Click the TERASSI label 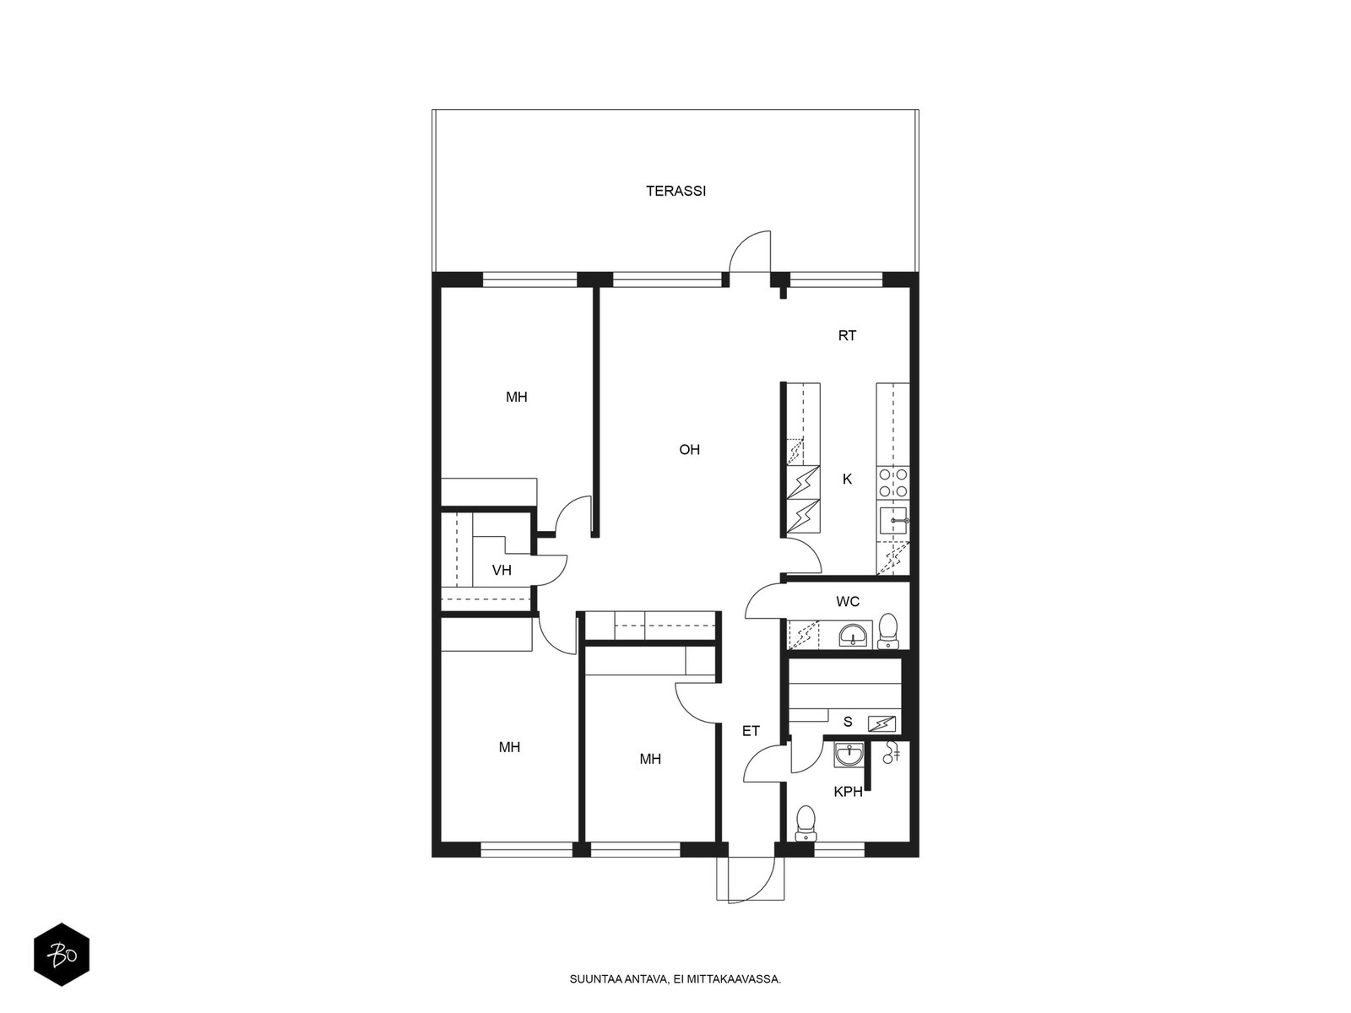point(675,192)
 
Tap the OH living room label point(689,450)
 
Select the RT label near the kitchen point(847,336)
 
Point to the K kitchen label point(847,479)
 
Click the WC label point(848,602)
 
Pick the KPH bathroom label point(848,792)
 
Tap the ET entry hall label point(751,731)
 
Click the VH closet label point(502,570)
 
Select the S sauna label point(848,722)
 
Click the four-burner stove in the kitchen point(893,483)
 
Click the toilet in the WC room point(887,631)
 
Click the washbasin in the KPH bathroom point(849,754)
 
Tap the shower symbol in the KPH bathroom point(891,753)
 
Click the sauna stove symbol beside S point(882,724)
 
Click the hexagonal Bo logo point(62,955)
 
